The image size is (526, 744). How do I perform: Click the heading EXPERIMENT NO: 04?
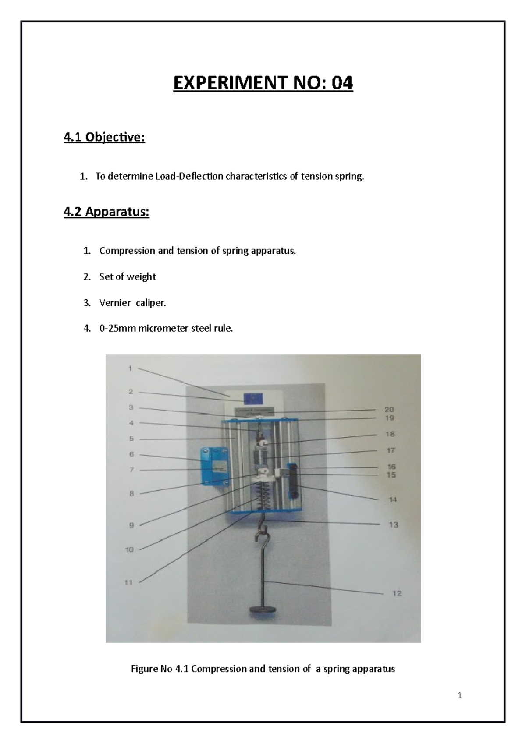click(263, 83)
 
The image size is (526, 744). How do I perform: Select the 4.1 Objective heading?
click(104, 138)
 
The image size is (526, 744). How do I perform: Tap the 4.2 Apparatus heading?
click(106, 212)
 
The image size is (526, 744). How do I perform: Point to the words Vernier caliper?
click(132, 302)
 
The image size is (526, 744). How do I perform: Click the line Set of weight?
click(127, 276)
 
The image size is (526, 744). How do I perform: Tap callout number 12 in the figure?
click(397, 593)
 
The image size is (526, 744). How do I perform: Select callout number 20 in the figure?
click(389, 410)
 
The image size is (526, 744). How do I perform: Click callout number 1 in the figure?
click(130, 368)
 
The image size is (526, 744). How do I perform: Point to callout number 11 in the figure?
click(129, 582)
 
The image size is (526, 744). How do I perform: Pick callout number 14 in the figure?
click(393, 499)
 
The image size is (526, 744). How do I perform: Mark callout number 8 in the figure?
click(131, 493)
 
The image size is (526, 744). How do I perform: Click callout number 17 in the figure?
click(391, 450)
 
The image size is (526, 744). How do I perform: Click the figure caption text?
click(263, 669)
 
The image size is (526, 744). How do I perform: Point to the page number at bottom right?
click(460, 695)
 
